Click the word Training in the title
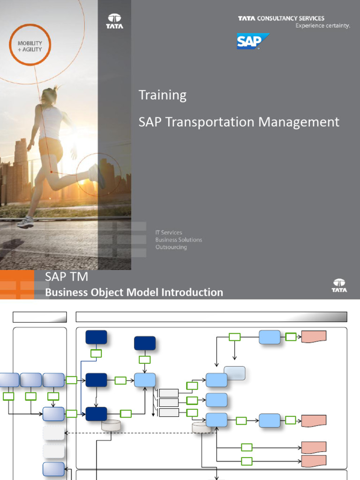pyautogui.click(x=162, y=95)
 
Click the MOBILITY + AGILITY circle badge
pyautogui.click(x=30, y=46)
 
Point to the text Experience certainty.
pyautogui.click(x=322, y=26)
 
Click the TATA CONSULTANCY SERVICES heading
pyautogui.click(x=281, y=18)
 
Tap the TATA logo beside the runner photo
pyautogui.click(x=114, y=21)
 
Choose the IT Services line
pyautogui.click(x=168, y=232)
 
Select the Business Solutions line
pyautogui.click(x=179, y=240)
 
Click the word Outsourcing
pyautogui.click(x=171, y=247)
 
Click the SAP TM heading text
pyautogui.click(x=67, y=277)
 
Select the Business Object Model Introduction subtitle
pyautogui.click(x=134, y=292)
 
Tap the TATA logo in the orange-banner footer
pyautogui.click(x=339, y=285)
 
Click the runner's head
pyautogui.click(x=49, y=96)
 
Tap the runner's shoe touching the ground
pyautogui.click(x=25, y=223)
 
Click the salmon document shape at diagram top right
pyautogui.click(x=314, y=336)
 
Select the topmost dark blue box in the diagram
pyautogui.click(x=96, y=337)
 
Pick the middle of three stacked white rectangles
pyautogui.click(x=169, y=402)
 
